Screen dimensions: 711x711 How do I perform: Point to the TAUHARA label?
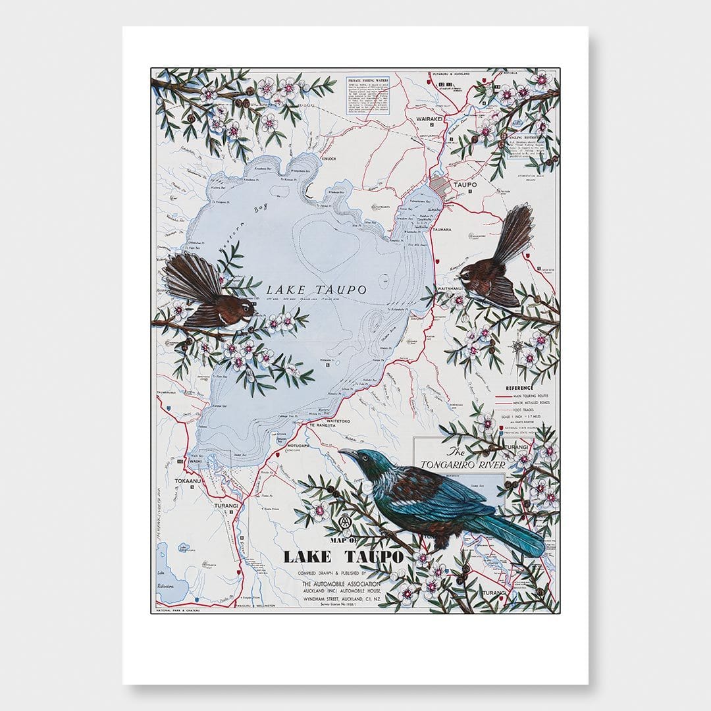pos(441,230)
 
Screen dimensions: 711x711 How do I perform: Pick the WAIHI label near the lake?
pos(194,461)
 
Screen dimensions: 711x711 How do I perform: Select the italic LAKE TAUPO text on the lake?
pos(308,288)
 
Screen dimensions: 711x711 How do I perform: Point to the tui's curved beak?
pos(345,453)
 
